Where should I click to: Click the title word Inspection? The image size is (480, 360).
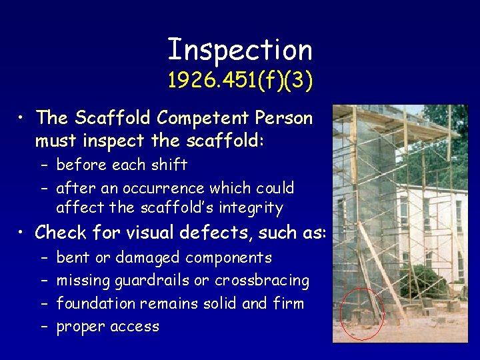pyautogui.click(x=240, y=49)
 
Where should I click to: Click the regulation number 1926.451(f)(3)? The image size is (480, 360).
pyautogui.click(x=240, y=81)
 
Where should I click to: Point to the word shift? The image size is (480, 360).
pyautogui.click(x=171, y=165)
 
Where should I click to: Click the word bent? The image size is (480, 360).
pyautogui.click(x=71, y=257)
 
